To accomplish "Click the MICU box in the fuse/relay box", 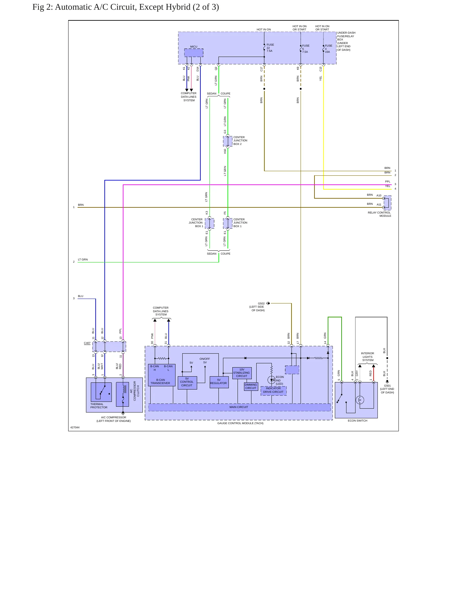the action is [194, 53].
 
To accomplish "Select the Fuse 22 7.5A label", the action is [270, 48].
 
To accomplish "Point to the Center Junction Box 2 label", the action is [240, 141].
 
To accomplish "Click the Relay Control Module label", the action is [379, 214].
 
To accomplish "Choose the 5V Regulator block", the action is [219, 382].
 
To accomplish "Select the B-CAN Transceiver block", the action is [162, 375].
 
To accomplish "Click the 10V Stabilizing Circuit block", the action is [242, 373].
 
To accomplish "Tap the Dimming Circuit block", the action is [251, 387].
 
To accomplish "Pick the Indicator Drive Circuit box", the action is [273, 390].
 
